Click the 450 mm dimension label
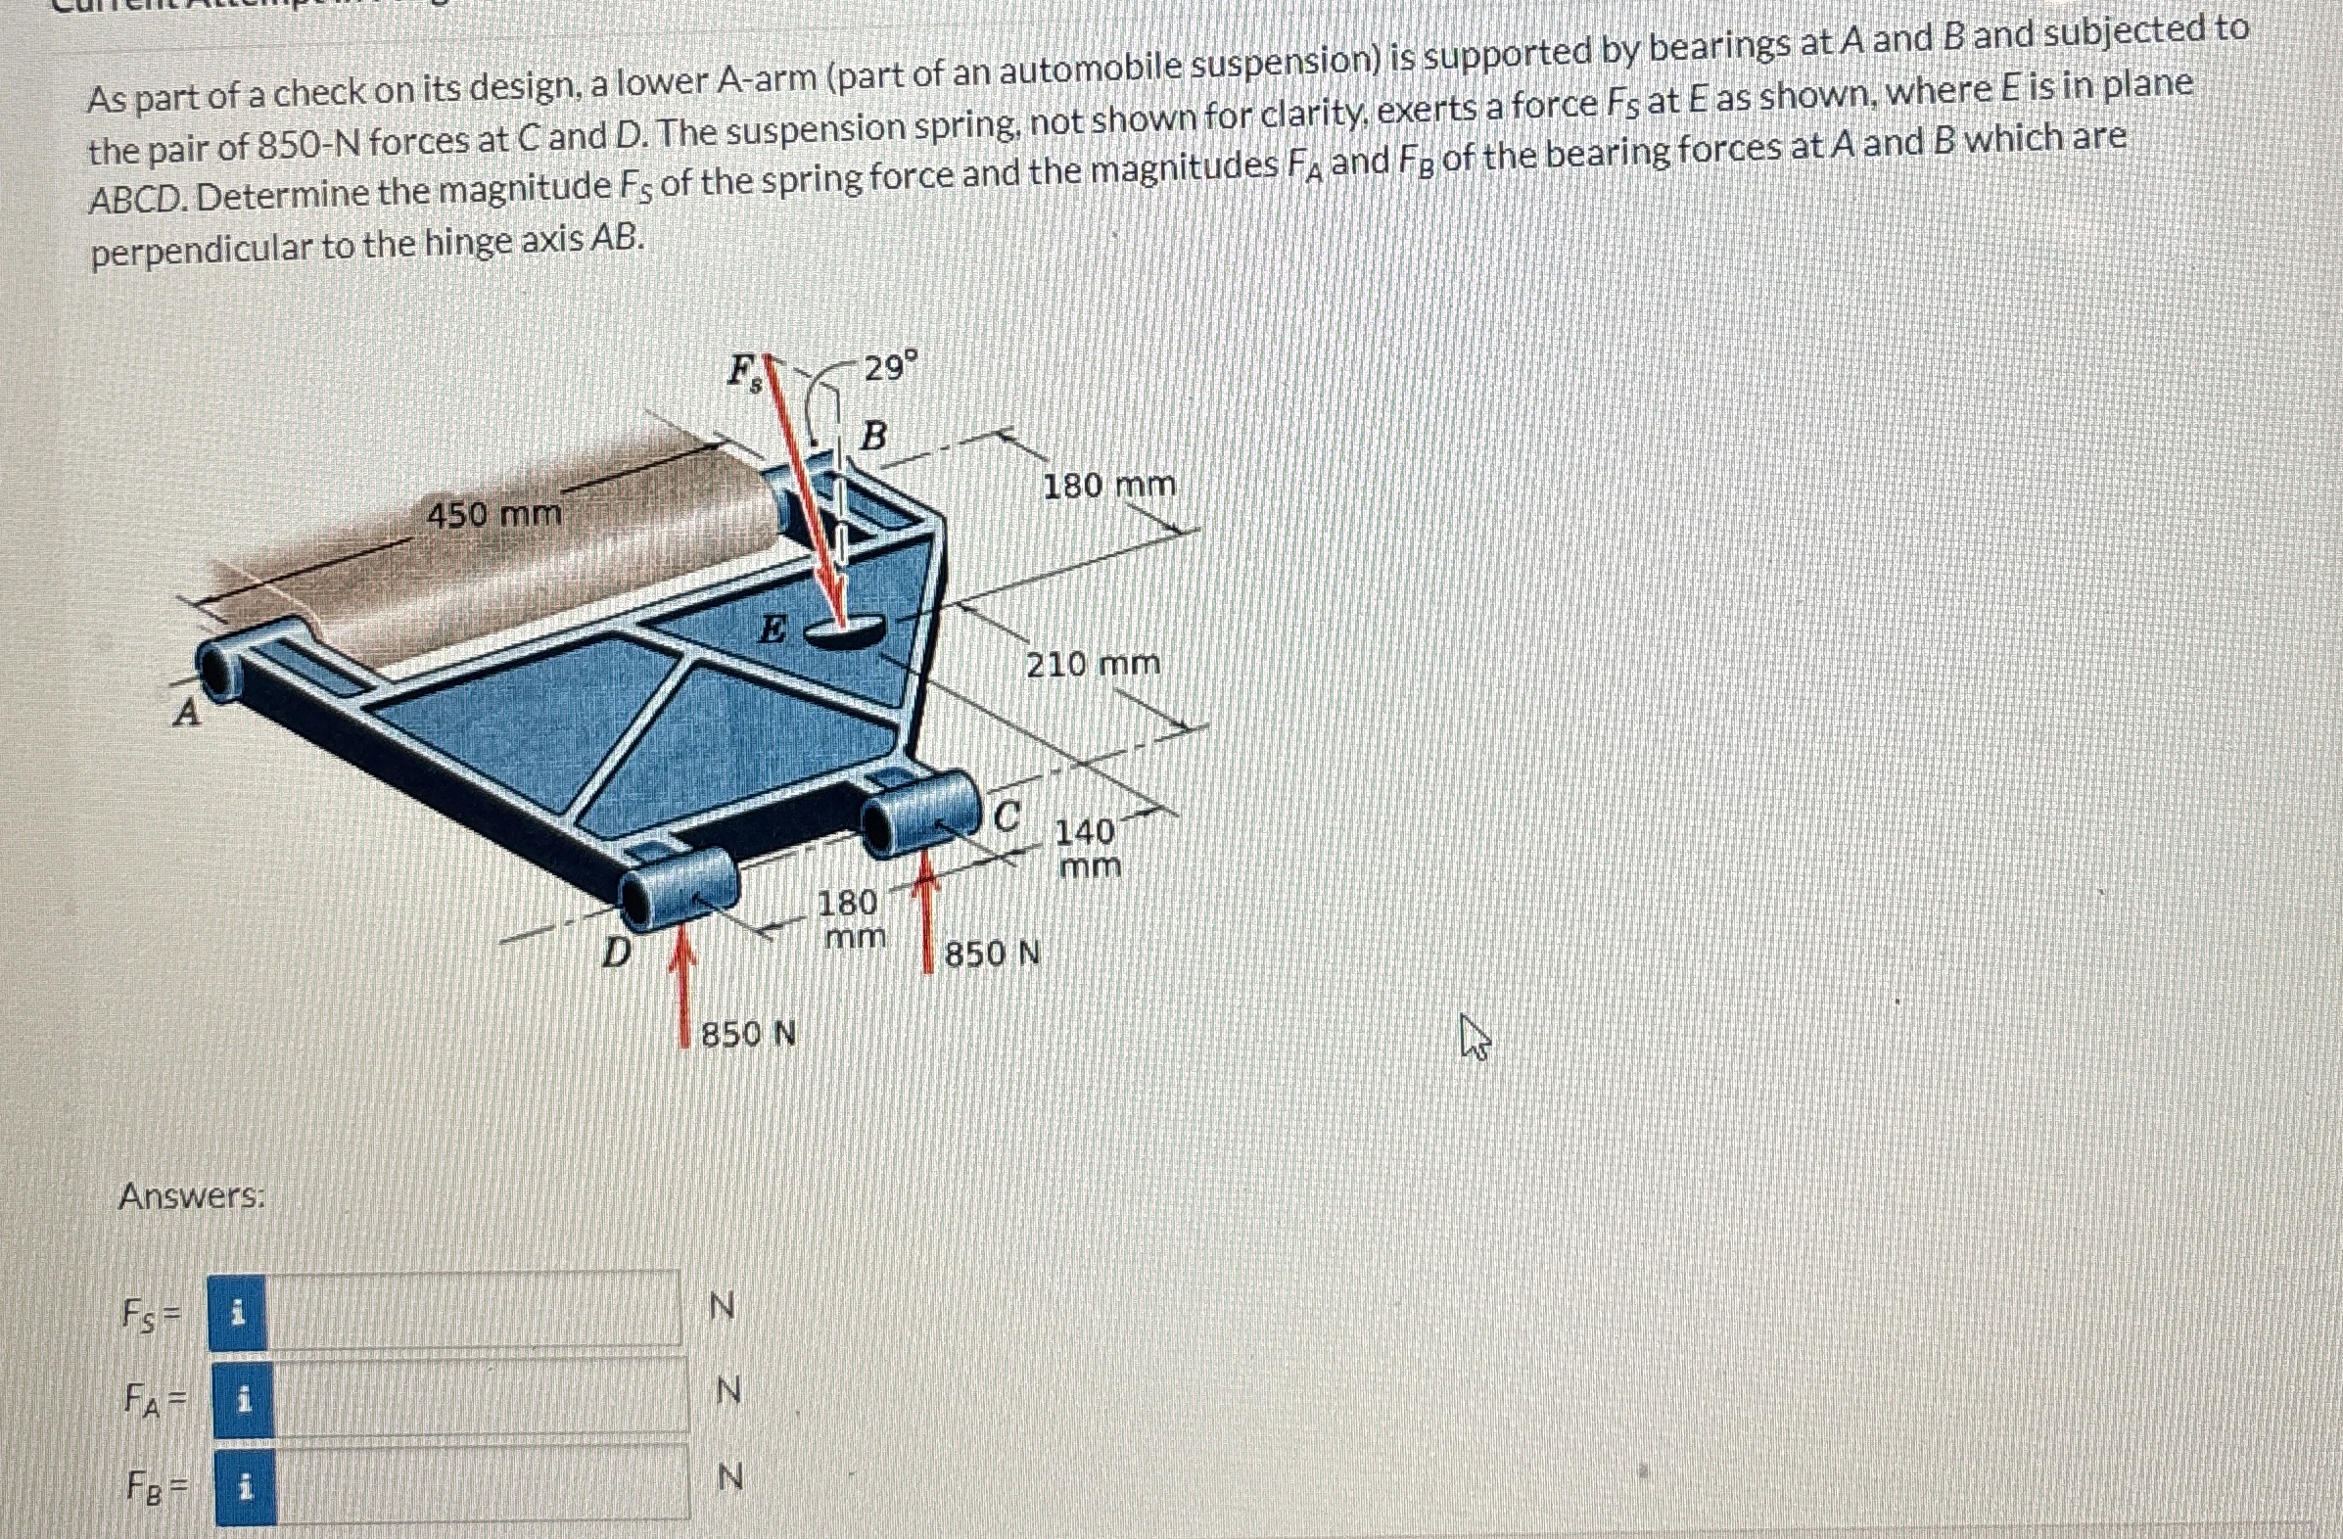click(494, 514)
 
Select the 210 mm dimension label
click(1093, 665)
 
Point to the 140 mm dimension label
click(1087, 849)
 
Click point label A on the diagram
click(186, 714)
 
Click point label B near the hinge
click(873, 435)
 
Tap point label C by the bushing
click(1007, 816)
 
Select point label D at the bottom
click(616, 952)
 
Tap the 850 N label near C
click(993, 954)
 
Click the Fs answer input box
click(473, 1310)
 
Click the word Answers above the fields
click(191, 1196)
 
